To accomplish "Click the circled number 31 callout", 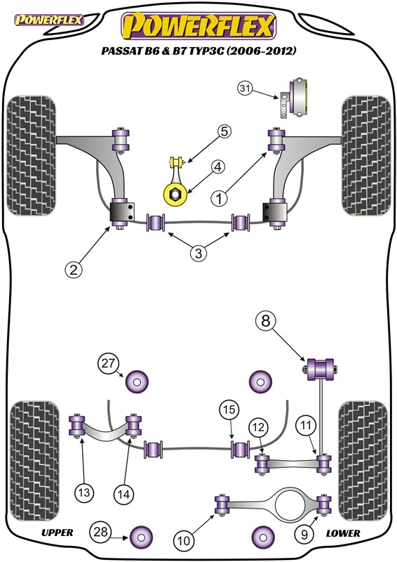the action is click(245, 89).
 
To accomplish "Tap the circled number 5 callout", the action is click(224, 131).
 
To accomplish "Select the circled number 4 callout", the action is click(217, 167).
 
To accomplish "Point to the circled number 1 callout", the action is click(219, 198).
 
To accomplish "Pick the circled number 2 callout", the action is click(74, 269).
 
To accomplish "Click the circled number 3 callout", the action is click(198, 254).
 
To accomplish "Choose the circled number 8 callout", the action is click(266, 321).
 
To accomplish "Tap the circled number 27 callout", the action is click(108, 363).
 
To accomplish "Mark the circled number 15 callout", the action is click(229, 410).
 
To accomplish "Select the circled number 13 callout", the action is click(84, 493).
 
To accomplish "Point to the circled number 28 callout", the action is click(100, 531).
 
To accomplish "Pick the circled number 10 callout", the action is click(184, 540).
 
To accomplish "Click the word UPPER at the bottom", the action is click(58, 532).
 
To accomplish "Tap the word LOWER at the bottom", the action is click(343, 533).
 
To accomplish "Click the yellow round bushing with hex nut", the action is click(175, 194).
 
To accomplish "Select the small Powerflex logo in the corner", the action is click(48, 20).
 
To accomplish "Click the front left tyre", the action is click(32, 155).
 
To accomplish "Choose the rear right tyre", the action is click(363, 461).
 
